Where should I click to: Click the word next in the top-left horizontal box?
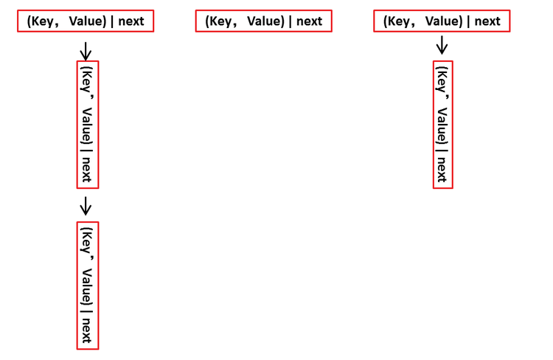(x=131, y=21)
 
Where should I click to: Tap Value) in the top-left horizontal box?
(x=88, y=21)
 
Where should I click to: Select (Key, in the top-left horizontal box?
(x=41, y=21)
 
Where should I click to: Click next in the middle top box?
(x=309, y=21)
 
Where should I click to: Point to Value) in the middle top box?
(x=266, y=21)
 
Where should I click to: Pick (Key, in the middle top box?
(x=219, y=21)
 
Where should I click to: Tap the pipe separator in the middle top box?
(x=291, y=21)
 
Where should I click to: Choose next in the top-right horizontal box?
(x=487, y=21)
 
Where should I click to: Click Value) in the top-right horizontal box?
(x=444, y=21)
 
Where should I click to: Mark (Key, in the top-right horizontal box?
(x=397, y=21)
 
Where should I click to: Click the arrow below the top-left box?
(x=86, y=51)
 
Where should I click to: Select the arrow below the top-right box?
(x=442, y=45)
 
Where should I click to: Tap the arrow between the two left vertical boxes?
(x=86, y=206)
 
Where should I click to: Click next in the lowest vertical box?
(x=86, y=330)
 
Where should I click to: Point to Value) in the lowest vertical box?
(x=87, y=287)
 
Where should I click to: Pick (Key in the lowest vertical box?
(x=87, y=240)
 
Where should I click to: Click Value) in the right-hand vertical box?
(x=442, y=125)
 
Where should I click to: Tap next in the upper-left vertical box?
(x=86, y=169)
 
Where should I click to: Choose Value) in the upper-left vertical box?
(x=87, y=125)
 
